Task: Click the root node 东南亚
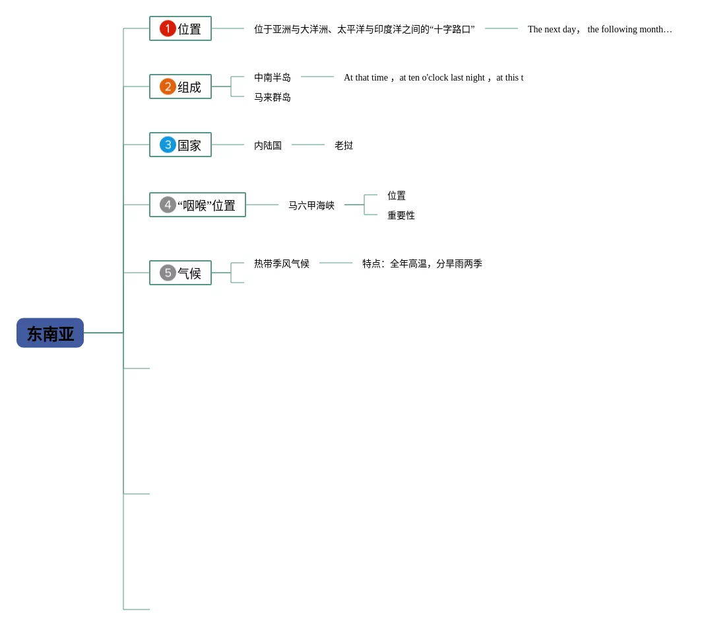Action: pyautogui.click(x=50, y=333)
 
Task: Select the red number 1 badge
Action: pyautogui.click(x=168, y=28)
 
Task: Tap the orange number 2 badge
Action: pyautogui.click(x=168, y=87)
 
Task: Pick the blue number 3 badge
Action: pyautogui.click(x=168, y=145)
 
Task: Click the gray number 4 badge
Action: pyautogui.click(x=168, y=205)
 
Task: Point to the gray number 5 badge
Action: pyautogui.click(x=168, y=273)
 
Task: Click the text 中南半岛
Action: pyautogui.click(x=273, y=77)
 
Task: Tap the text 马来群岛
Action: pyautogui.click(x=273, y=97)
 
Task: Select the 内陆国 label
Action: pyautogui.click(x=268, y=145)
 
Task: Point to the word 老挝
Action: pyautogui.click(x=344, y=145)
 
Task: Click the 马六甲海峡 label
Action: pyautogui.click(x=311, y=205)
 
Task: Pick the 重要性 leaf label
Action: pyautogui.click(x=401, y=215)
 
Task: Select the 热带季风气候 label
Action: pyautogui.click(x=282, y=263)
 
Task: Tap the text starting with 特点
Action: pyautogui.click(x=422, y=263)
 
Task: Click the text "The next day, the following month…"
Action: pyautogui.click(x=600, y=29)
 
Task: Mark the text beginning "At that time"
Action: pyautogui.click(x=434, y=77)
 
